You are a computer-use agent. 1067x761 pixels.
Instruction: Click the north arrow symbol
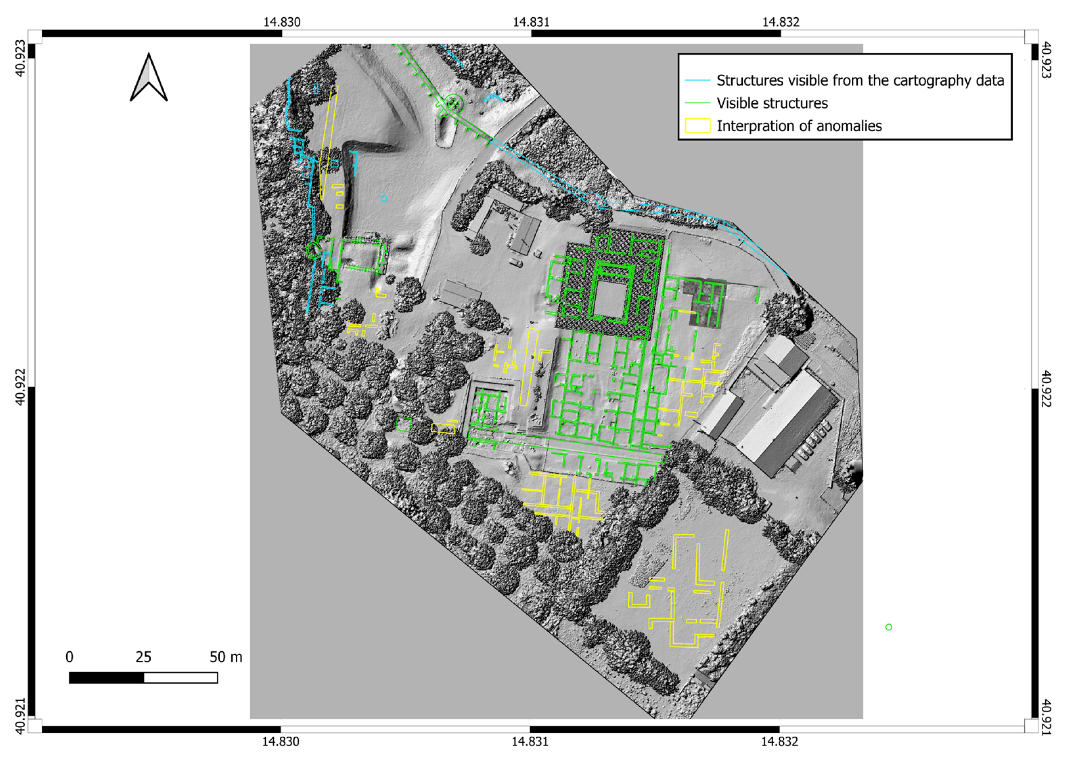pyautogui.click(x=148, y=78)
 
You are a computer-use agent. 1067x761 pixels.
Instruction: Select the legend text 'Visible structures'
pyautogui.click(x=772, y=103)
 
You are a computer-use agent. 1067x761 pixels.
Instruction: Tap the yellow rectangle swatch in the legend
pyautogui.click(x=697, y=125)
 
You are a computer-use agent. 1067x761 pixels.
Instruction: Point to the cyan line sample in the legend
pyautogui.click(x=697, y=81)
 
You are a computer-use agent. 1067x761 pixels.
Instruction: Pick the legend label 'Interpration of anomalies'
pyautogui.click(x=799, y=125)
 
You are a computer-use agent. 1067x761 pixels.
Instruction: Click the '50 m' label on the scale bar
pyautogui.click(x=226, y=657)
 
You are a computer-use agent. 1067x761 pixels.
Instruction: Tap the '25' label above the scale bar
pyautogui.click(x=143, y=657)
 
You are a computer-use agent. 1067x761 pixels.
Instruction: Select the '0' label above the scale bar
pyautogui.click(x=69, y=657)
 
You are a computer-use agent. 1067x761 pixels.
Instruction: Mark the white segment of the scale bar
pyautogui.click(x=180, y=678)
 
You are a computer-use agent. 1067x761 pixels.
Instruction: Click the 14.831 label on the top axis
pyautogui.click(x=531, y=22)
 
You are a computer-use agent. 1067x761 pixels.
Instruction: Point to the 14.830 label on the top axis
pyautogui.click(x=281, y=22)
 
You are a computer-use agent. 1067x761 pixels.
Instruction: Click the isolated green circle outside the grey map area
pyautogui.click(x=888, y=627)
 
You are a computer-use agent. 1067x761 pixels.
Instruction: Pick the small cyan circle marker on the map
pyautogui.click(x=384, y=198)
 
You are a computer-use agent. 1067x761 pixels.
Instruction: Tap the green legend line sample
pyautogui.click(x=697, y=103)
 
